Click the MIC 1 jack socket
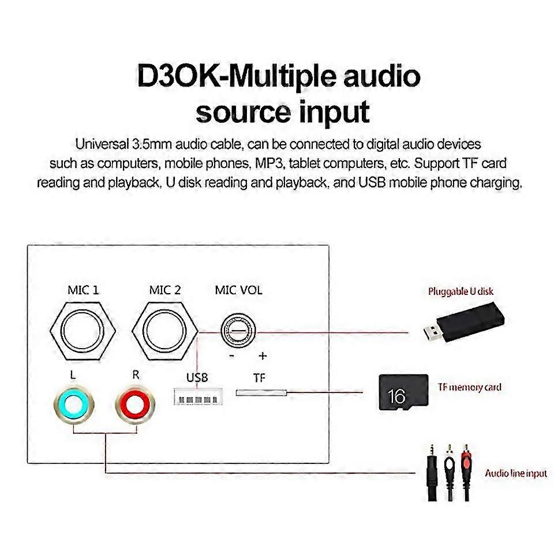(84, 333)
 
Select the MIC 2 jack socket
(165, 333)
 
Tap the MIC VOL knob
(238, 333)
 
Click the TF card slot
(261, 392)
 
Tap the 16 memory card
(403, 392)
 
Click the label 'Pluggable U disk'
(461, 291)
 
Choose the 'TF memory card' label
(469, 387)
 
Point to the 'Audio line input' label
(515, 473)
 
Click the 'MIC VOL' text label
(238, 290)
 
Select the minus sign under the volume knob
(231, 355)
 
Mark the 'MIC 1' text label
(83, 290)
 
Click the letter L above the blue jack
(72, 375)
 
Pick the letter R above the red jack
(136, 375)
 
